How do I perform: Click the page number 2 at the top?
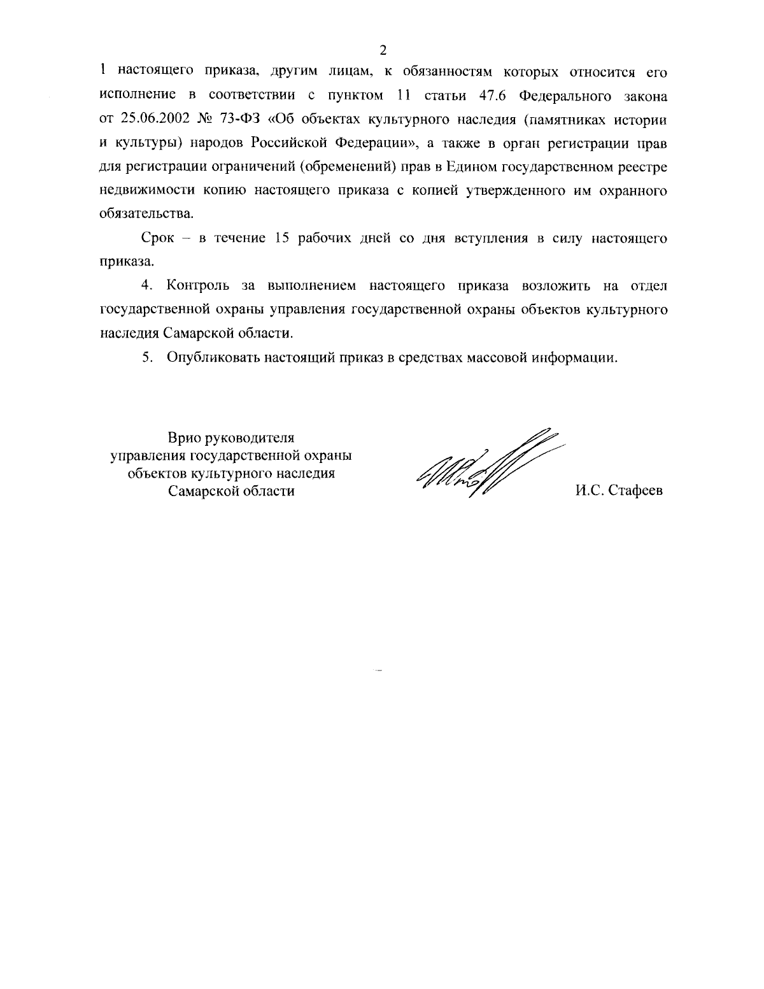click(383, 50)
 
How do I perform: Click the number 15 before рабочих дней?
click(282, 238)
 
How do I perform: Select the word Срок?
click(157, 238)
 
